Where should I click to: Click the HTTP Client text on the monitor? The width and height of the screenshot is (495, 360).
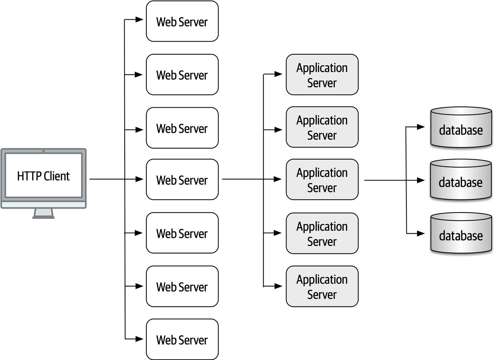point(43,176)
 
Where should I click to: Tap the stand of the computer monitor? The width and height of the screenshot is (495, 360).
point(44,214)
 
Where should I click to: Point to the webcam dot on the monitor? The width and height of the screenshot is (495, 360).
point(43,151)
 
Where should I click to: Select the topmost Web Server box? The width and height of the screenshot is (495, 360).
point(182,21)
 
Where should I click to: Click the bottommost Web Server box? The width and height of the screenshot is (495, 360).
point(182,339)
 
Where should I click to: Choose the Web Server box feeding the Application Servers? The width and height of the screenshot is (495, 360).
point(182,179)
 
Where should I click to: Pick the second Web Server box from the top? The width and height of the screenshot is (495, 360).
point(182,75)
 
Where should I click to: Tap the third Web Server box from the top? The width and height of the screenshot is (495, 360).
point(182,128)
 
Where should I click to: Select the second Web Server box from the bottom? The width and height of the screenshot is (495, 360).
point(182,286)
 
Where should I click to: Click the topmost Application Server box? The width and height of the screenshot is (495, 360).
point(322,75)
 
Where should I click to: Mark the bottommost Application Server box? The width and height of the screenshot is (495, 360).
point(322,286)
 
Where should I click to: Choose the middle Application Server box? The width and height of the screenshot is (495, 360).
point(322,179)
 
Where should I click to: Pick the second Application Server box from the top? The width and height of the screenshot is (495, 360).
point(322,127)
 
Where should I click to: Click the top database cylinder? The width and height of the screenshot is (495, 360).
point(461,128)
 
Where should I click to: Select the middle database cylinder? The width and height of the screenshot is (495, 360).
point(461,180)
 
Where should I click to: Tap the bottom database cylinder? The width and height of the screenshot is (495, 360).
point(461,234)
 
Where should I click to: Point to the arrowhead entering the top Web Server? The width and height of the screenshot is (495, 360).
point(139,20)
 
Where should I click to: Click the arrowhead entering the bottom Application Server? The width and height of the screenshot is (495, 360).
point(278,286)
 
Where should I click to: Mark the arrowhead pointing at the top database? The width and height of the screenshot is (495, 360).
point(421,127)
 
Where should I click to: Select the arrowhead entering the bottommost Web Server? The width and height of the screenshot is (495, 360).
point(139,339)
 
